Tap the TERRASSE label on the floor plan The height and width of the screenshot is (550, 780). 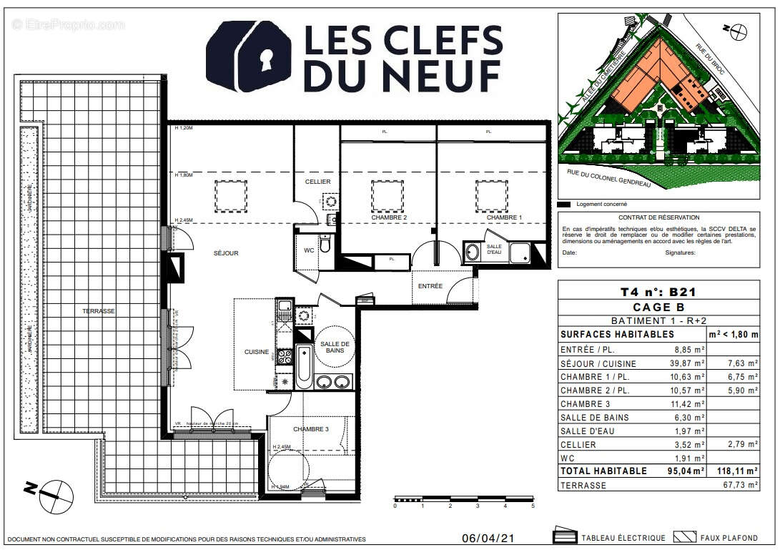[x=98, y=311]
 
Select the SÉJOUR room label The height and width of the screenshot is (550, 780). [x=225, y=253]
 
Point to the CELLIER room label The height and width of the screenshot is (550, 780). [x=317, y=182]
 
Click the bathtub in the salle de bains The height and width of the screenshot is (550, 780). [x=303, y=367]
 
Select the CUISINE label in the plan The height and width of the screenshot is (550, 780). [x=256, y=352]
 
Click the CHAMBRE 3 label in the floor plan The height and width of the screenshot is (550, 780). [x=311, y=429]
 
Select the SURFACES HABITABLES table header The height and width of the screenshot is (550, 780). [x=617, y=334]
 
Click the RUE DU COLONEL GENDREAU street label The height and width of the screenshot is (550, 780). [x=615, y=174]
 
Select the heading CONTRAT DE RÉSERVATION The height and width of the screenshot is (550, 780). [x=659, y=217]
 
